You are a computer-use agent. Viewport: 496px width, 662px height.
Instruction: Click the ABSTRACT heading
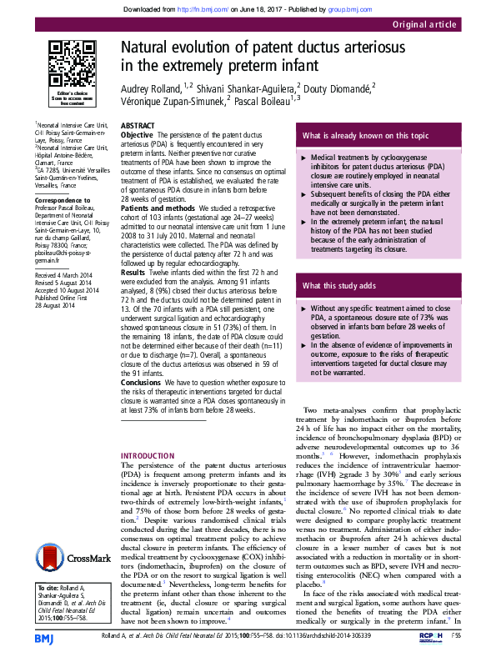point(138,125)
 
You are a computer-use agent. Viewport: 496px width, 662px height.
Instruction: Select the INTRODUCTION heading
point(148,454)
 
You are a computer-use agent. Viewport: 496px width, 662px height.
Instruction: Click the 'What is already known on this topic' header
point(366,135)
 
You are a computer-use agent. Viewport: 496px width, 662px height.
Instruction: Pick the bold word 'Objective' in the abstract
point(138,134)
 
